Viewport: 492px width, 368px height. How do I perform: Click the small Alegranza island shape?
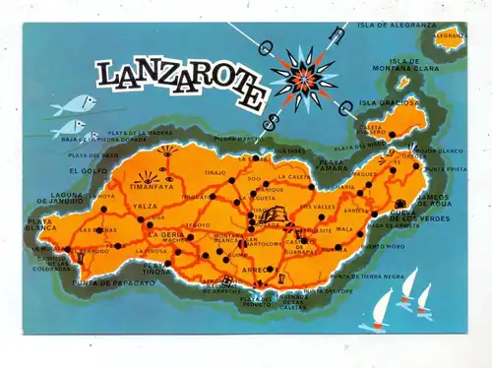pos(450,38)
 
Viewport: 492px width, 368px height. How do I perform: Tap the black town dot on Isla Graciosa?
pos(391,134)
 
